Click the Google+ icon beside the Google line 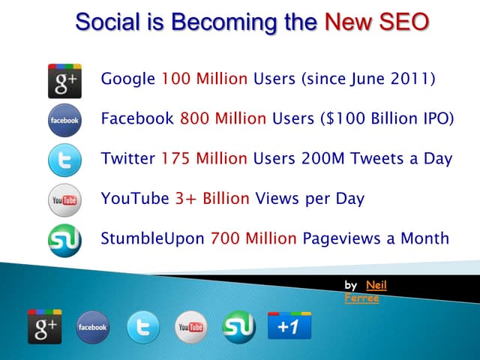(64, 81)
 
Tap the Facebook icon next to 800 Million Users (64, 120)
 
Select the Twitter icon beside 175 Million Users (64, 160)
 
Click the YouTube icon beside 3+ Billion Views (64, 200)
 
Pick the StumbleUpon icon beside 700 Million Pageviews (64, 240)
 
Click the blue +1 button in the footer (289, 325)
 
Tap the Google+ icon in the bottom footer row (45, 327)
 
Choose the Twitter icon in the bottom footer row (143, 327)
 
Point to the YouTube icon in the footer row (191, 327)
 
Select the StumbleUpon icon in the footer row (239, 327)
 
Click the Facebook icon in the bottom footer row (92, 327)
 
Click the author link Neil (376, 285)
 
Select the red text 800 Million (223, 118)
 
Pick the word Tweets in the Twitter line (376, 158)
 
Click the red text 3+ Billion (212, 199)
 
